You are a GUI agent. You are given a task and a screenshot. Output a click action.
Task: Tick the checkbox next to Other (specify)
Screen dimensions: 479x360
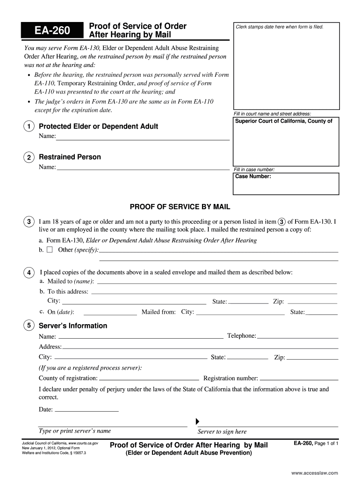[50, 250]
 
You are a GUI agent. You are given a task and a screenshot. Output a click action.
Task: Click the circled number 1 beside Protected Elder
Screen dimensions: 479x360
[29, 127]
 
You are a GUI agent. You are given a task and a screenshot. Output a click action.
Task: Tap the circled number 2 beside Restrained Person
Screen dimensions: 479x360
[29, 158]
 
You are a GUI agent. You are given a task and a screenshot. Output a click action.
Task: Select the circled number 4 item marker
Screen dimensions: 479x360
[29, 273]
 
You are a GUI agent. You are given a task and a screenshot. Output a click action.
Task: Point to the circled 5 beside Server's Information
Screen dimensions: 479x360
[29, 326]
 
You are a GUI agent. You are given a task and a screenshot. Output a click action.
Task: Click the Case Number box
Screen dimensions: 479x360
[286, 183]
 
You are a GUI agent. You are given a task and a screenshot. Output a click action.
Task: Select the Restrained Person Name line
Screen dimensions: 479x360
[143, 168]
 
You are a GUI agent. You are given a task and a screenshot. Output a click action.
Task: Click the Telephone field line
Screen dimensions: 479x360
[297, 337]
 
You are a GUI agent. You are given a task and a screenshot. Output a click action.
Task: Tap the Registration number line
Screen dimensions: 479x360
[299, 379]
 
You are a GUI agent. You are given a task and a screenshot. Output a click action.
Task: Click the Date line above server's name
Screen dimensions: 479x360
[86, 410]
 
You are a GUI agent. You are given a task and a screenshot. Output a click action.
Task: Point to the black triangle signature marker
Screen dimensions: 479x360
[197, 420]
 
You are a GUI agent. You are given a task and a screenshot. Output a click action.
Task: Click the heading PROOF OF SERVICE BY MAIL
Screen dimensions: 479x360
[180, 207]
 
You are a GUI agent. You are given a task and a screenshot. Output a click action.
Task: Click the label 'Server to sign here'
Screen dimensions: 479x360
[222, 432]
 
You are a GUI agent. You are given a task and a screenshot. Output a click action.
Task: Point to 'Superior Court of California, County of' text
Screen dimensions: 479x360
[284, 121]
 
